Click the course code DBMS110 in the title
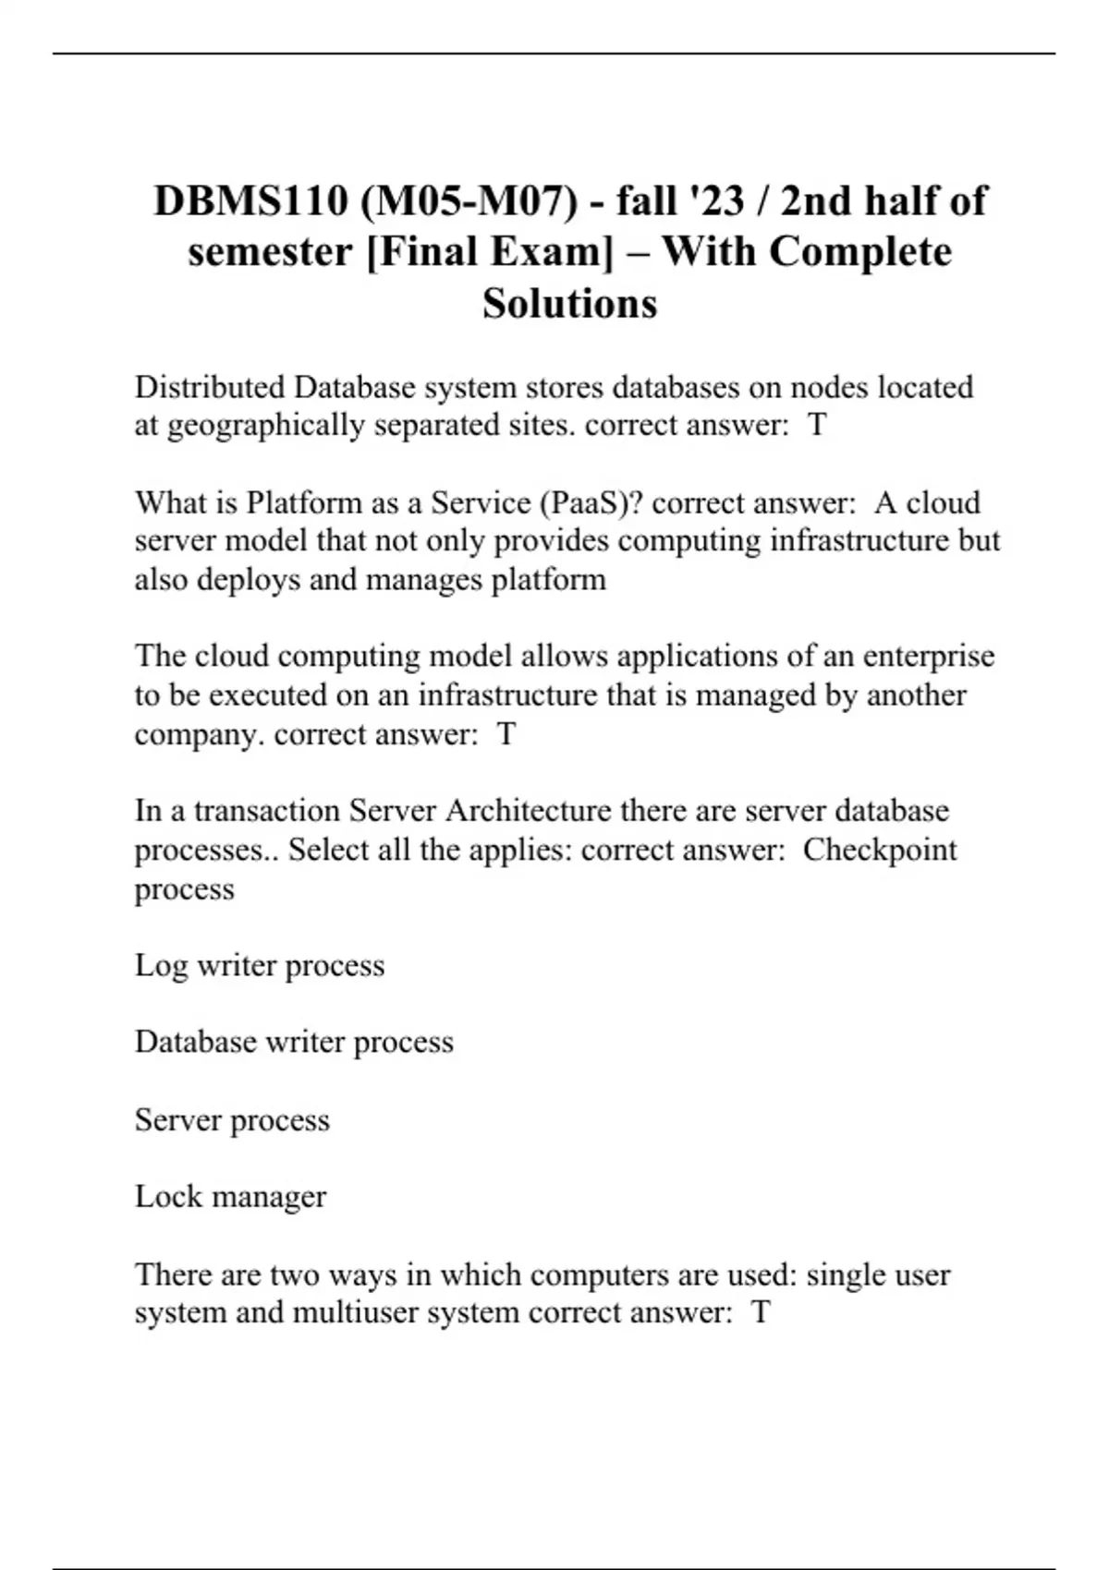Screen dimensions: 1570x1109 [250, 201]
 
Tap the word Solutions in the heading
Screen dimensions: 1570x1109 [569, 303]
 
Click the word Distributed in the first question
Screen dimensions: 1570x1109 [211, 387]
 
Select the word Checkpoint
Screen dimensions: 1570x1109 [879, 850]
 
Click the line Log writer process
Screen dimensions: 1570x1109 [260, 965]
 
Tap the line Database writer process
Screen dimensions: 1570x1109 [294, 1042]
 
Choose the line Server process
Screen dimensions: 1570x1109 [232, 1120]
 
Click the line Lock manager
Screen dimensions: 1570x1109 [230, 1197]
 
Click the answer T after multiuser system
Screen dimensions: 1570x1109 [760, 1312]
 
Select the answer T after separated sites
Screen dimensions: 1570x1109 [817, 426]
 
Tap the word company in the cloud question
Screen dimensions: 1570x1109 [200, 734]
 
